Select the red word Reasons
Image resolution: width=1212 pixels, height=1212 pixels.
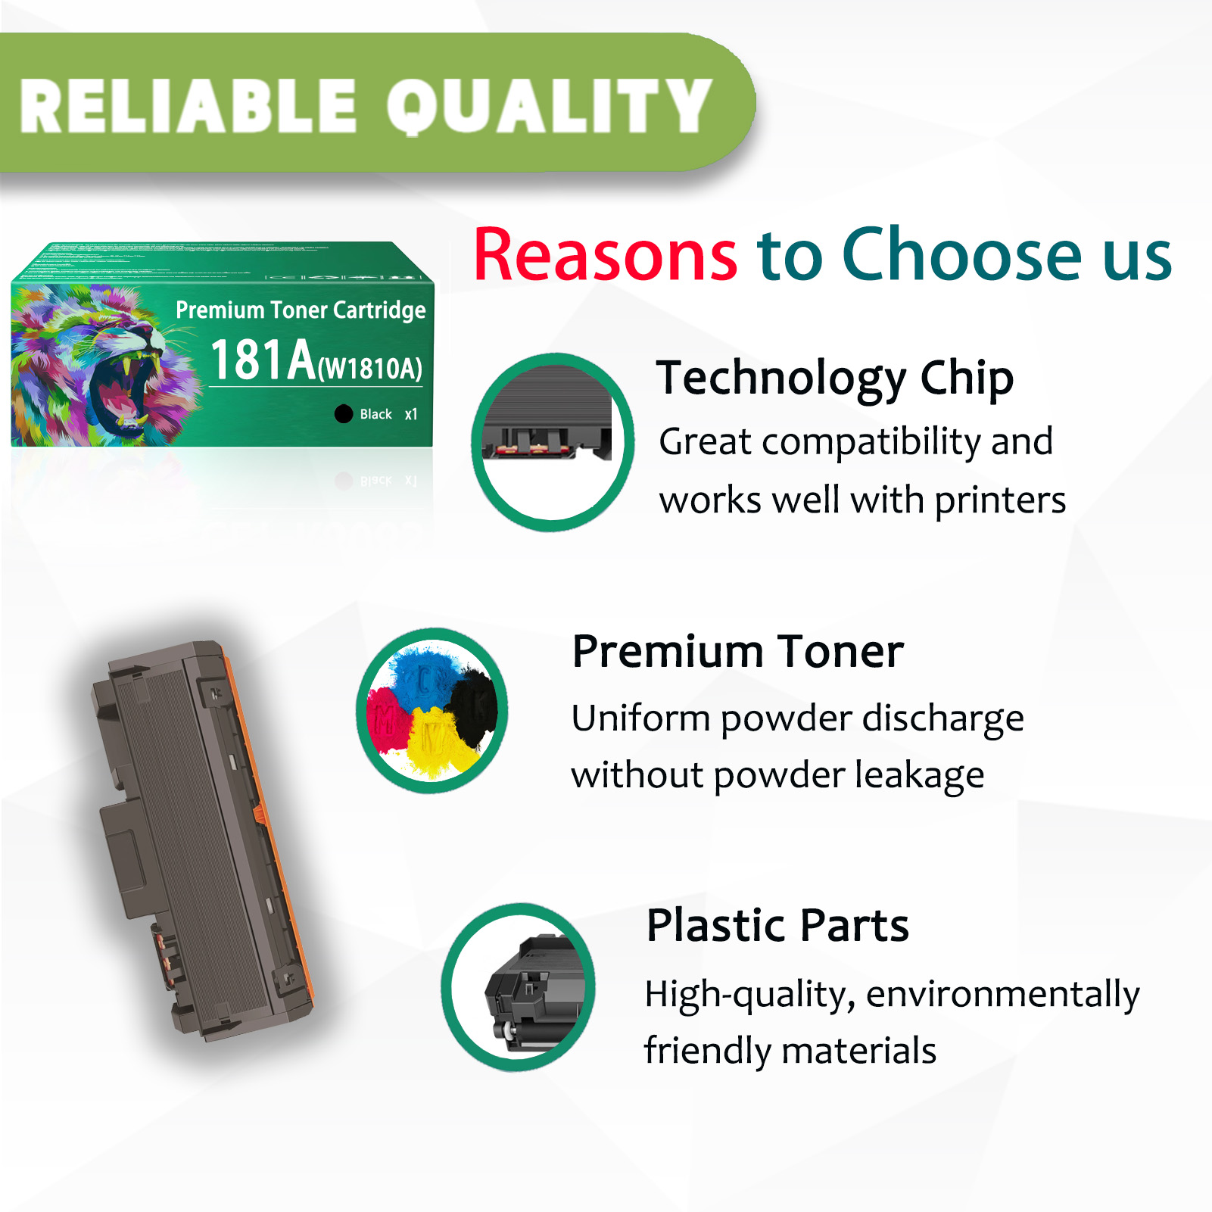coord(605,255)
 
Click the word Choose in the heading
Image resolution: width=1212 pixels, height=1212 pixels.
coord(961,255)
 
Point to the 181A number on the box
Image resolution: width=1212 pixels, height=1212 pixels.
coord(263,360)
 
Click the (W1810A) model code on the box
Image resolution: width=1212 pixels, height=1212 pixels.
coord(370,369)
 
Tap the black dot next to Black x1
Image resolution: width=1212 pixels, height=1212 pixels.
coord(344,413)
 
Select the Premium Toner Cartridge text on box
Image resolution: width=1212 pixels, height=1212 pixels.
coord(301,310)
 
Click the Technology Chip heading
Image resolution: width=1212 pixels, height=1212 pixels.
coord(834,378)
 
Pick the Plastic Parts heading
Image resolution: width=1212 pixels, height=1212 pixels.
coord(777,925)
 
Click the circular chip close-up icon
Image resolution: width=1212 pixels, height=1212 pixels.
coord(553,442)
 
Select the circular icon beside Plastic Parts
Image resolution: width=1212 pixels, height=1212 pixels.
coord(519,987)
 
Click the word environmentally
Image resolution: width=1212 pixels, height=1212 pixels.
coord(1002,994)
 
